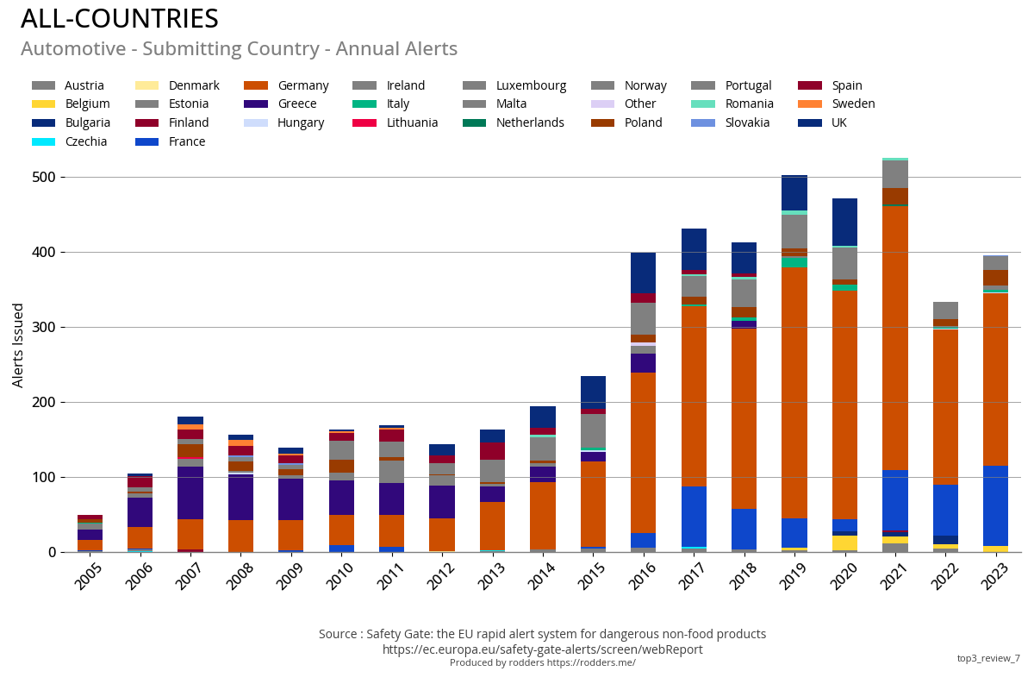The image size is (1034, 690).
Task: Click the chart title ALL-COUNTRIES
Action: (120, 19)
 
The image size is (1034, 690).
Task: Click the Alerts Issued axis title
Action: (18, 345)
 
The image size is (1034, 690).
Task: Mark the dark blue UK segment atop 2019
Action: (794, 192)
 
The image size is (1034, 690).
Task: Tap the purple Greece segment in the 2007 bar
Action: (190, 492)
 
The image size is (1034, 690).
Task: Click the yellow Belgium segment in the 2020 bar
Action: (844, 543)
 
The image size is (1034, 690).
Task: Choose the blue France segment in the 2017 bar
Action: (694, 516)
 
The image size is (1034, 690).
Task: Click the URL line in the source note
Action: (542, 649)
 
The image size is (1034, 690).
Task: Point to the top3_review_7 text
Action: (987, 658)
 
